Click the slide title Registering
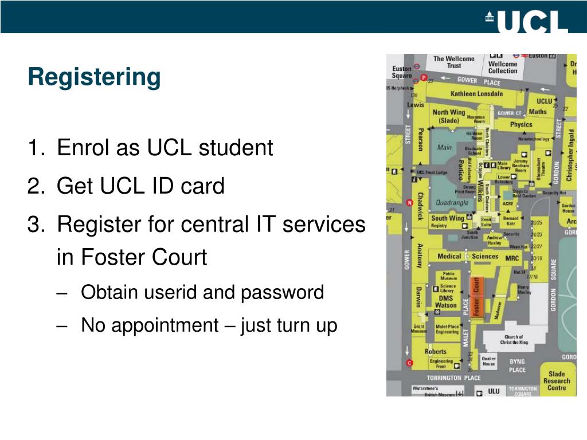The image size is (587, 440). click(95, 77)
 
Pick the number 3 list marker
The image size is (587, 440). click(35, 224)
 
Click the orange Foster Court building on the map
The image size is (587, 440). click(476, 296)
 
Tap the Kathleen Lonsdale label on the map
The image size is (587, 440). click(476, 93)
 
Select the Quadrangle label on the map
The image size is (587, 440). click(452, 203)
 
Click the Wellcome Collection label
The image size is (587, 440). click(503, 67)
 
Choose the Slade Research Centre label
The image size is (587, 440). click(557, 380)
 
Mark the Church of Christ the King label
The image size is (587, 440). click(514, 340)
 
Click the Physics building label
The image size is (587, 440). click(521, 124)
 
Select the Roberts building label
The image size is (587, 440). click(435, 351)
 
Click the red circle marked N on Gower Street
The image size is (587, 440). click(409, 202)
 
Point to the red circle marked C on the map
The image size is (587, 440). click(409, 363)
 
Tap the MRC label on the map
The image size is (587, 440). click(512, 258)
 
